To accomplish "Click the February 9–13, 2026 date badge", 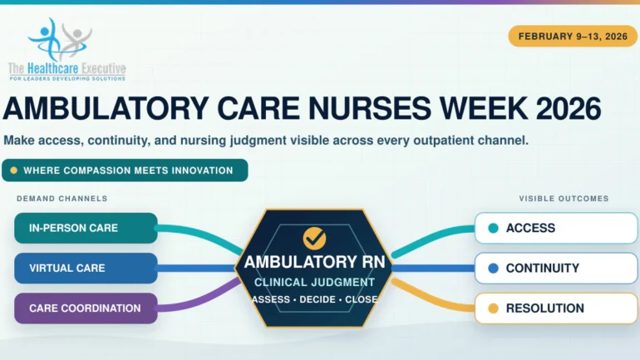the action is click(x=572, y=37).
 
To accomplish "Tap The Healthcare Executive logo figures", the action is click(x=60, y=40).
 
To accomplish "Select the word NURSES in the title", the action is click(x=369, y=109).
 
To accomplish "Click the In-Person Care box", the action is click(x=86, y=228).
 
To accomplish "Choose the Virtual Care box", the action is click(x=86, y=269).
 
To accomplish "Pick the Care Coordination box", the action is click(x=86, y=308).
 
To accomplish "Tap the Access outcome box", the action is click(x=556, y=228).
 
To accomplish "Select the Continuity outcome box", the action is click(x=556, y=269).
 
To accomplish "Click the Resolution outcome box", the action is click(x=556, y=308).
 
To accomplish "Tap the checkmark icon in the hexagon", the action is click(x=314, y=239).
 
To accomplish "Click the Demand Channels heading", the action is click(x=62, y=199).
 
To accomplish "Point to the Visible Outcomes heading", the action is click(x=564, y=199).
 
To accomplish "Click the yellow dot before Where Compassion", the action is click(x=13, y=170).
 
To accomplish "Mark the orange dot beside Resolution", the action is click(x=493, y=308).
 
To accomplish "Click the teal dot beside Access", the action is click(x=493, y=228).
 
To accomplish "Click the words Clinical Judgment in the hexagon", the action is click(x=314, y=283).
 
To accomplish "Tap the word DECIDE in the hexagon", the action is click(x=318, y=299).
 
